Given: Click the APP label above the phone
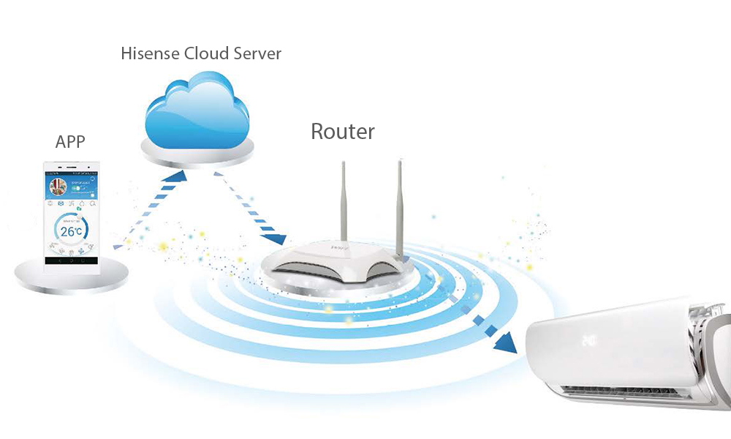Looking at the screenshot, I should (x=71, y=142).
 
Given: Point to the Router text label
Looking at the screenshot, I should (x=342, y=132).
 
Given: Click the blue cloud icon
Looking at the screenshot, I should (x=197, y=110).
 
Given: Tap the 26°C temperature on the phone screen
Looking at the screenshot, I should (x=72, y=231).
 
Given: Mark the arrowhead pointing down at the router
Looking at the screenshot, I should (x=277, y=239).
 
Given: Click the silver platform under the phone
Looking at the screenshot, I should (x=72, y=277).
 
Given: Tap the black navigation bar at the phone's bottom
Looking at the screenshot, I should (x=72, y=260).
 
